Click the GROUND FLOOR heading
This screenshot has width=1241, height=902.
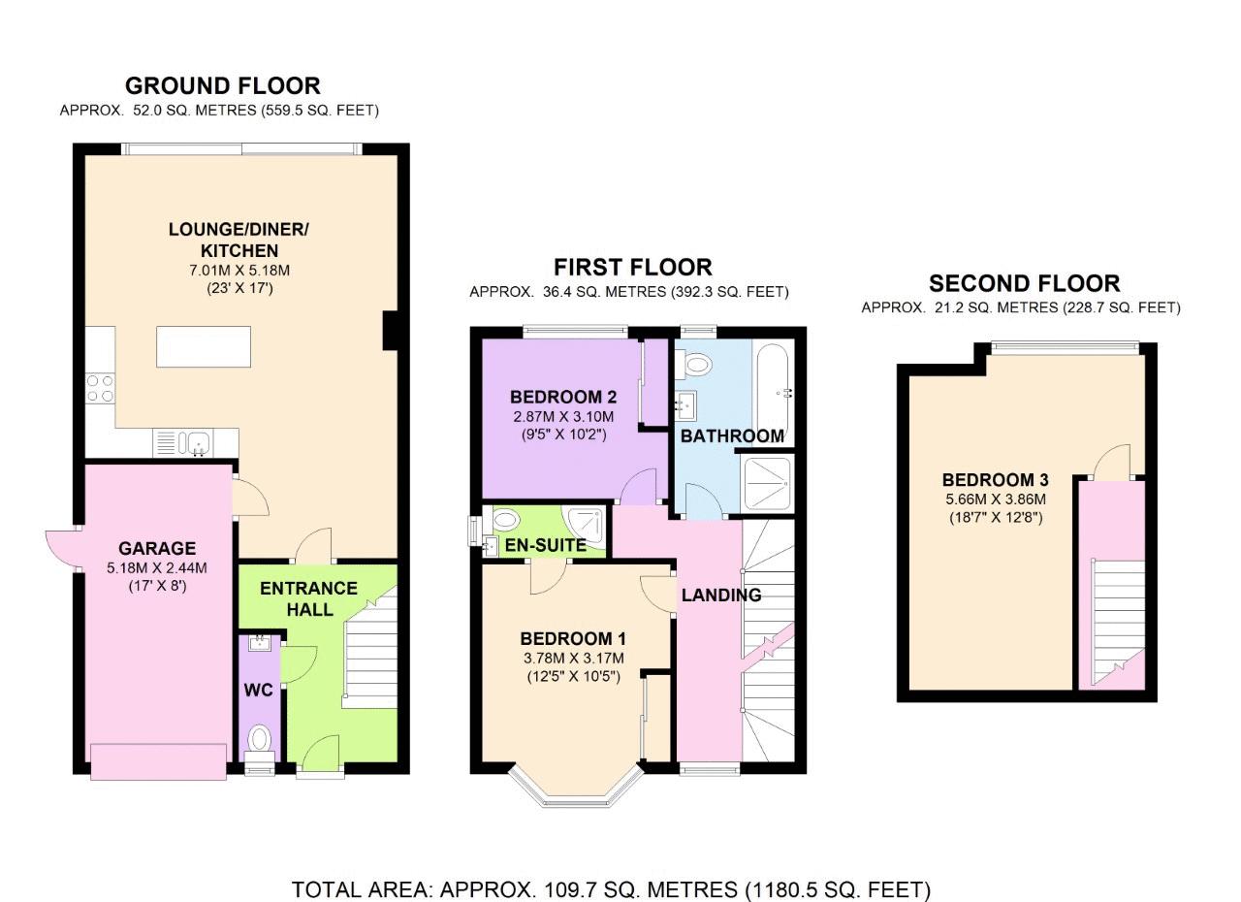[223, 86]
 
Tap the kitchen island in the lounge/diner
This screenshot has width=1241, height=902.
[204, 347]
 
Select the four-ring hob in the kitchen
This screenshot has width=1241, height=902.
[100, 388]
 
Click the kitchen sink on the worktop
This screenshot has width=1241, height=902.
[199, 443]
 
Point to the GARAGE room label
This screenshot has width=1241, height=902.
[157, 549]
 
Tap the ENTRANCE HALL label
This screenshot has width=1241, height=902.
[308, 599]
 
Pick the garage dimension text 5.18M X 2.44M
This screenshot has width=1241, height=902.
[157, 568]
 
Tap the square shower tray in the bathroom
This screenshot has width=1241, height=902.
[766, 483]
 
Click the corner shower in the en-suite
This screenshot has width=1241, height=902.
[585, 524]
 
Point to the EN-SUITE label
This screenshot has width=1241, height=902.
[546, 546]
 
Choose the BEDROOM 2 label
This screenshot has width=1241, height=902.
[563, 397]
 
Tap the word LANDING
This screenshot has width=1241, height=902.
[721, 596]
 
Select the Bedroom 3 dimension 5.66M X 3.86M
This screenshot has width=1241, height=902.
[996, 499]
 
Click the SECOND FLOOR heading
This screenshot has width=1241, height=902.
[1025, 283]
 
